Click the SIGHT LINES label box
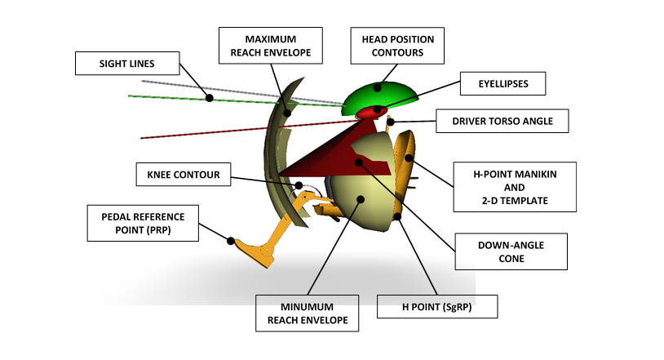click(126, 63)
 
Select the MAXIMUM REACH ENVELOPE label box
click(271, 46)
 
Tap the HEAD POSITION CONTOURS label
click(398, 46)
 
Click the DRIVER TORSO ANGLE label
click(502, 122)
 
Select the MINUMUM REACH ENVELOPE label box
click(307, 313)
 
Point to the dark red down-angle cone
click(326, 151)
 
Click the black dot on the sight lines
click(210, 98)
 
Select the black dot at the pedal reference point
click(231, 242)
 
